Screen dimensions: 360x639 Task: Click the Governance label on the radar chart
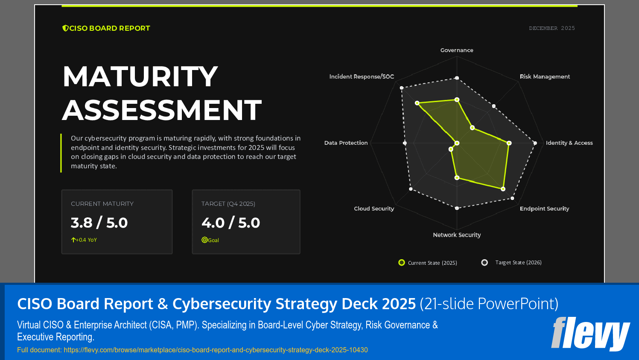pyautogui.click(x=457, y=50)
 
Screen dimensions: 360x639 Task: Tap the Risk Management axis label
pyautogui.click(x=545, y=77)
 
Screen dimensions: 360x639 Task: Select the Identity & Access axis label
pyautogui.click(x=569, y=143)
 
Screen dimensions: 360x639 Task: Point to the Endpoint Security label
pyautogui.click(x=544, y=209)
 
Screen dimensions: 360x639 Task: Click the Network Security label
pyautogui.click(x=457, y=235)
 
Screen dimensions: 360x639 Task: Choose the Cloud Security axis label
pyautogui.click(x=374, y=209)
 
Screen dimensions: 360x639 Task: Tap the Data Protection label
pyautogui.click(x=346, y=143)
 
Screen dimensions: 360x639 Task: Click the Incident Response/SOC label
pyautogui.click(x=362, y=77)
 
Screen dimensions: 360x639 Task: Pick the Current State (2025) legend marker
pyautogui.click(x=402, y=263)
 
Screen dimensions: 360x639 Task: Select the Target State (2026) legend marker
pyautogui.click(x=484, y=263)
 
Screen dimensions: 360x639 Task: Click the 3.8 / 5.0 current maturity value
pyautogui.click(x=99, y=222)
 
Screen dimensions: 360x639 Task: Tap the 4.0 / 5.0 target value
pyautogui.click(x=231, y=222)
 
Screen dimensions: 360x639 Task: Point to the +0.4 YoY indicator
pyautogui.click(x=84, y=240)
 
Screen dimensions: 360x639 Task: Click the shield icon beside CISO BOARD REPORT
pyautogui.click(x=65, y=28)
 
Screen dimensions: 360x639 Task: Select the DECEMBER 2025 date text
pyautogui.click(x=552, y=28)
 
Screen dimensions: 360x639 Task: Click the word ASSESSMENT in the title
pyautogui.click(x=162, y=110)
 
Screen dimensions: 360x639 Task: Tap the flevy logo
pyautogui.click(x=590, y=333)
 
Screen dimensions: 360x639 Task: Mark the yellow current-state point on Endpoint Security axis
pyautogui.click(x=503, y=189)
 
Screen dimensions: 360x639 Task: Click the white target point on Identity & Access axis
pyautogui.click(x=535, y=143)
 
